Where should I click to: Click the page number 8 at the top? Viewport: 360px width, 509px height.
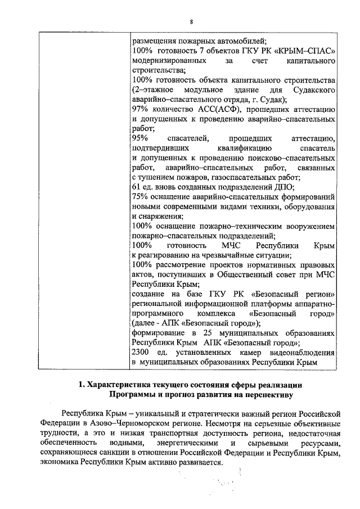(191, 21)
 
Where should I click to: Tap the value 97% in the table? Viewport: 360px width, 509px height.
(140, 109)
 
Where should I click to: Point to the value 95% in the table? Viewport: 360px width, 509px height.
(140, 138)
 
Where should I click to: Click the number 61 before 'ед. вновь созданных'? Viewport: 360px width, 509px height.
(137, 187)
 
